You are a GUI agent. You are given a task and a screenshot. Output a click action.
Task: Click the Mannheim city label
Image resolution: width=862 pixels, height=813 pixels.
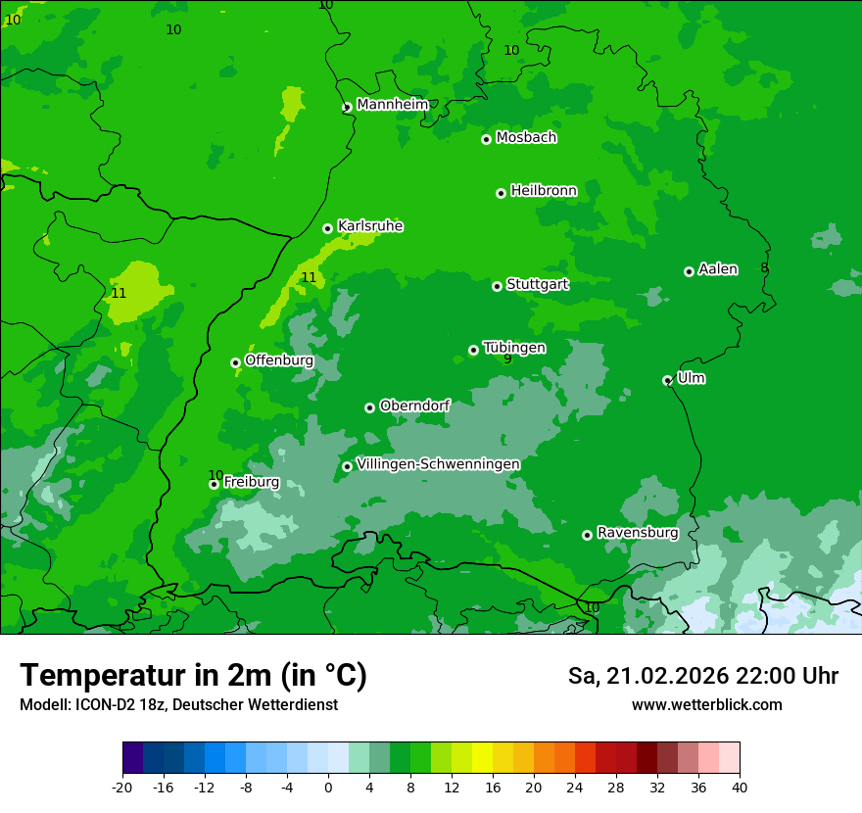(x=393, y=105)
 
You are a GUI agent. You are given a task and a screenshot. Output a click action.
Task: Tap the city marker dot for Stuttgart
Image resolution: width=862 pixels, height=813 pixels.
(x=498, y=286)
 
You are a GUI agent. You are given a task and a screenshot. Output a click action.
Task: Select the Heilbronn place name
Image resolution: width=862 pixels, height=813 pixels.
(x=544, y=191)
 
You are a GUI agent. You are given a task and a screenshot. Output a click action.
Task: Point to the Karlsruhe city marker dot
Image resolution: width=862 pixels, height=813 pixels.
(x=328, y=228)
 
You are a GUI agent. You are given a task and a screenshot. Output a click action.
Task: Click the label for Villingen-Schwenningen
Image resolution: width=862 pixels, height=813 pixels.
(x=438, y=464)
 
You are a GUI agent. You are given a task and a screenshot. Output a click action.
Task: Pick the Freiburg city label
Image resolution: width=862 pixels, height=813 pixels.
(x=252, y=482)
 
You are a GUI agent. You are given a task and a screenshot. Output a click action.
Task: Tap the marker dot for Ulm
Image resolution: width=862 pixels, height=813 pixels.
(x=668, y=380)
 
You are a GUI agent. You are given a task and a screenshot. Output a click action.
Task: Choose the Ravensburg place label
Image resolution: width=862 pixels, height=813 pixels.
(x=638, y=533)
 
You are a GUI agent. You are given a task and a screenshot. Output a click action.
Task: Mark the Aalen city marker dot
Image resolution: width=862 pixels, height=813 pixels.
(x=690, y=271)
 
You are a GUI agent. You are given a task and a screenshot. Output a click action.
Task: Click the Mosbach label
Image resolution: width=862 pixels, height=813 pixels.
(x=526, y=138)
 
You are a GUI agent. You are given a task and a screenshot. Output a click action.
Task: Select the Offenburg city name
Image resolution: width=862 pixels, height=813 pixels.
(x=279, y=360)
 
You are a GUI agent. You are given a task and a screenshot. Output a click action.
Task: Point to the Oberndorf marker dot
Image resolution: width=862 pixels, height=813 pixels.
(x=370, y=407)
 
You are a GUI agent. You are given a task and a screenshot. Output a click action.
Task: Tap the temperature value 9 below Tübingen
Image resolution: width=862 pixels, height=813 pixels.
(x=507, y=359)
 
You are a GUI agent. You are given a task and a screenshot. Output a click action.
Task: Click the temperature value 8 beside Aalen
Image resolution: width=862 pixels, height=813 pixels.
(x=764, y=268)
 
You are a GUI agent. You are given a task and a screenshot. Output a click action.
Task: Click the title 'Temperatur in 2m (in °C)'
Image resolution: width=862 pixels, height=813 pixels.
(x=193, y=676)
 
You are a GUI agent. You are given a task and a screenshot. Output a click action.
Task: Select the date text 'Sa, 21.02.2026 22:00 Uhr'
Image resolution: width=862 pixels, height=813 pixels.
(x=702, y=676)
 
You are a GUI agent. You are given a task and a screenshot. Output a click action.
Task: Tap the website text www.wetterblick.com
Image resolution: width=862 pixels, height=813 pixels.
(x=706, y=705)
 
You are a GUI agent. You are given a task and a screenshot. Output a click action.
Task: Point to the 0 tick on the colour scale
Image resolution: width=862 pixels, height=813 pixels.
(x=328, y=787)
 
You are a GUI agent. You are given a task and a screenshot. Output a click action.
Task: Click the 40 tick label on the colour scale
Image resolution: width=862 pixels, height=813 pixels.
(x=739, y=787)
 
